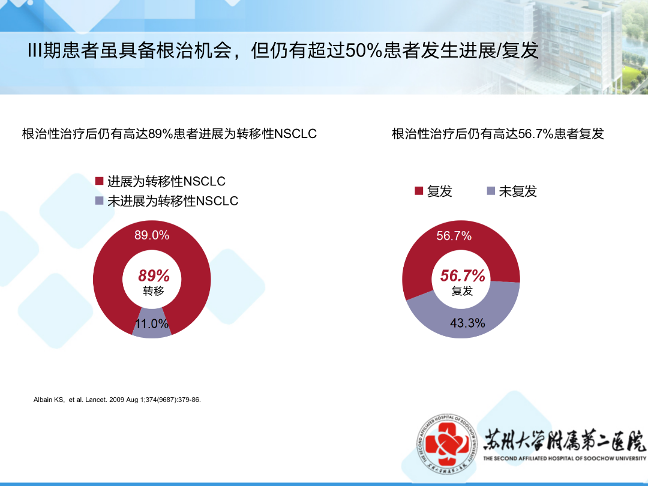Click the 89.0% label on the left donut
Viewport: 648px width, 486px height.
point(152,235)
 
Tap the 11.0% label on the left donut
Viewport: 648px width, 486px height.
point(152,323)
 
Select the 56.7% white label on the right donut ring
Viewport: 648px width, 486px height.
point(454,236)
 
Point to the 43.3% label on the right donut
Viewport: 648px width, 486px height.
point(467,323)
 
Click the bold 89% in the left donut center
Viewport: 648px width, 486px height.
point(154,275)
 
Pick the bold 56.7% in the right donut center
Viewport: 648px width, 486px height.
point(462,275)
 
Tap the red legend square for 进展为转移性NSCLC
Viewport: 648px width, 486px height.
point(99,181)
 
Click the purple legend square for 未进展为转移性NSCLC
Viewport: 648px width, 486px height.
point(99,201)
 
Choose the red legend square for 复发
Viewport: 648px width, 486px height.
point(419,191)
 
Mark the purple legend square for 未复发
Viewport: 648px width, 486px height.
point(491,191)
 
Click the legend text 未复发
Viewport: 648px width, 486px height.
point(518,191)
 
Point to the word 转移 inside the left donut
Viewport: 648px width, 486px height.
point(154,291)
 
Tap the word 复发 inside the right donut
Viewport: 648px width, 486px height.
point(462,291)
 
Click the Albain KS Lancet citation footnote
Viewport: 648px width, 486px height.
point(117,400)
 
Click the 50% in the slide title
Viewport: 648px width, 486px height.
point(363,50)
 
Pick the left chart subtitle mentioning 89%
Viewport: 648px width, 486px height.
point(169,134)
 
